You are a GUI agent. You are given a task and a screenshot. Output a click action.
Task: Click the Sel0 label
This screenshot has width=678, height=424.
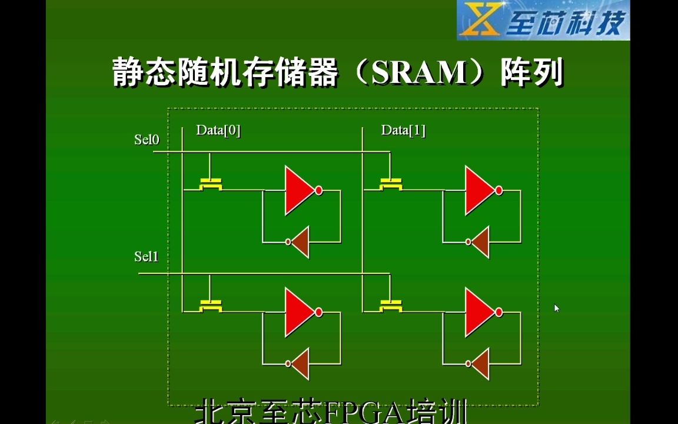pos(147,140)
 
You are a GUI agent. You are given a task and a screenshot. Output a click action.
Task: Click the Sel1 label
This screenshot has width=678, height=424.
pos(146,257)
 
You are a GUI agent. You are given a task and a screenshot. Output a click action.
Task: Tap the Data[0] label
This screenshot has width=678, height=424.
pos(218,130)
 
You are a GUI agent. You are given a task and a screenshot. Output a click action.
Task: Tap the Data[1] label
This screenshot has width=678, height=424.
pos(403,130)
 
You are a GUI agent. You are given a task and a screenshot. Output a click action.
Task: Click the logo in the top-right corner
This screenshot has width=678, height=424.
pos(543,21)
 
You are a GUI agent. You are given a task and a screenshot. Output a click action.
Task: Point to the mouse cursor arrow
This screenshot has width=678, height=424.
pos(556,308)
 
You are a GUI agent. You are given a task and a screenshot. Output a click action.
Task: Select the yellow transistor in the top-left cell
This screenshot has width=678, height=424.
pos(211,184)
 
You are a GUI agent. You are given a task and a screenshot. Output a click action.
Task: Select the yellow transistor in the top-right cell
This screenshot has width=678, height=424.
pos(391,184)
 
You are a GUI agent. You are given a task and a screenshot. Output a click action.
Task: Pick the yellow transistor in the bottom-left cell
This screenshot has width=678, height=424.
pos(211,306)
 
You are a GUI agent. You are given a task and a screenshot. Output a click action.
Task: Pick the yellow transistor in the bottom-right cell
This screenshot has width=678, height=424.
pos(391,306)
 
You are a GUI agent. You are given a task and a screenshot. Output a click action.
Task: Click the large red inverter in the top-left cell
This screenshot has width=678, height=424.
pos(298,190)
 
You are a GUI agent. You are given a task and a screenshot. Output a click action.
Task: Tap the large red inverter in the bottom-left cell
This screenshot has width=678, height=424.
pos(298,312)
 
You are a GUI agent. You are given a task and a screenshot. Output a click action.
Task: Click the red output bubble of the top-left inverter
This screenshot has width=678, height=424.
pos(319,190)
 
